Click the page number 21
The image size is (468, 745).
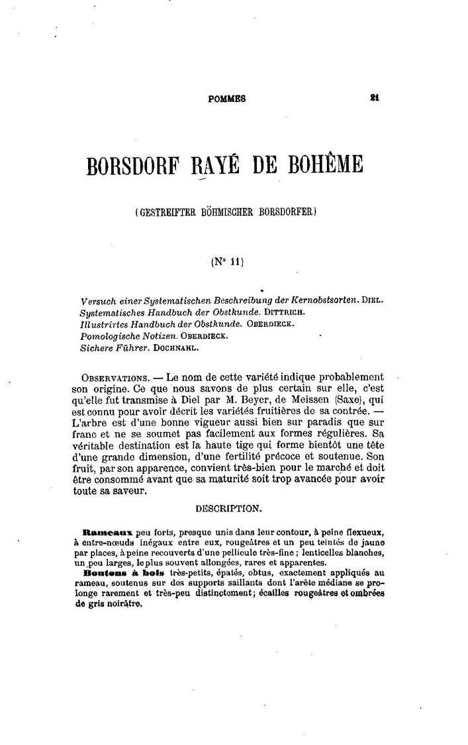click(375, 97)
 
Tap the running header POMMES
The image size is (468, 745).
click(227, 99)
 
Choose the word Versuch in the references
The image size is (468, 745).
click(97, 300)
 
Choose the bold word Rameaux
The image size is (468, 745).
click(109, 531)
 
